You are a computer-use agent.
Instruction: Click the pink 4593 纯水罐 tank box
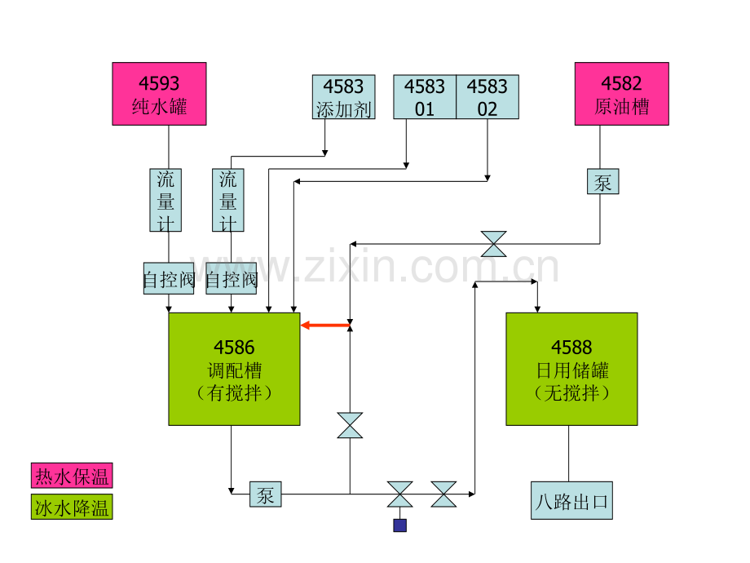click(x=159, y=94)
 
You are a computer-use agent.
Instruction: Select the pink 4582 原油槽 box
click(x=622, y=94)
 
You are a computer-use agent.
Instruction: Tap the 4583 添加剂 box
click(x=343, y=97)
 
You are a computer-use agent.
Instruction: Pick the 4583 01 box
click(x=425, y=97)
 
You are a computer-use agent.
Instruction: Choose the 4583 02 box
click(x=487, y=97)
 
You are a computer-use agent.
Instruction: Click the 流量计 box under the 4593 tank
click(x=165, y=200)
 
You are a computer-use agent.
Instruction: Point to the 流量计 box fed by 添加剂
click(x=228, y=200)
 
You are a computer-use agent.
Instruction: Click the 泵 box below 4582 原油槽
click(x=603, y=181)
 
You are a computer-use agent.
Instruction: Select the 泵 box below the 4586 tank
click(x=266, y=494)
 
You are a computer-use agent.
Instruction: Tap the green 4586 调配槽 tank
click(x=235, y=369)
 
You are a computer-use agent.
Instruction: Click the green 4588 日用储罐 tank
click(x=572, y=369)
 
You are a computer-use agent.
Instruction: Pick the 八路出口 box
click(x=572, y=500)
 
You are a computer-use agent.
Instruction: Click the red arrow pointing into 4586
click(x=325, y=326)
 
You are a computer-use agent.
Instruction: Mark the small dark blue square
click(x=400, y=525)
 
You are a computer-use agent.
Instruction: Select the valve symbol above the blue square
click(x=400, y=494)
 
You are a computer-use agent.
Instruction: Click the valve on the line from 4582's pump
click(x=494, y=244)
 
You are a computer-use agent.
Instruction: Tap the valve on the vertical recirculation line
click(x=350, y=425)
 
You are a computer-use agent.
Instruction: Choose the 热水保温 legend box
click(x=72, y=476)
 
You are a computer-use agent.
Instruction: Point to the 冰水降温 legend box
click(x=72, y=507)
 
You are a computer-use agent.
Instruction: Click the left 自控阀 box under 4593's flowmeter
click(x=169, y=278)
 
